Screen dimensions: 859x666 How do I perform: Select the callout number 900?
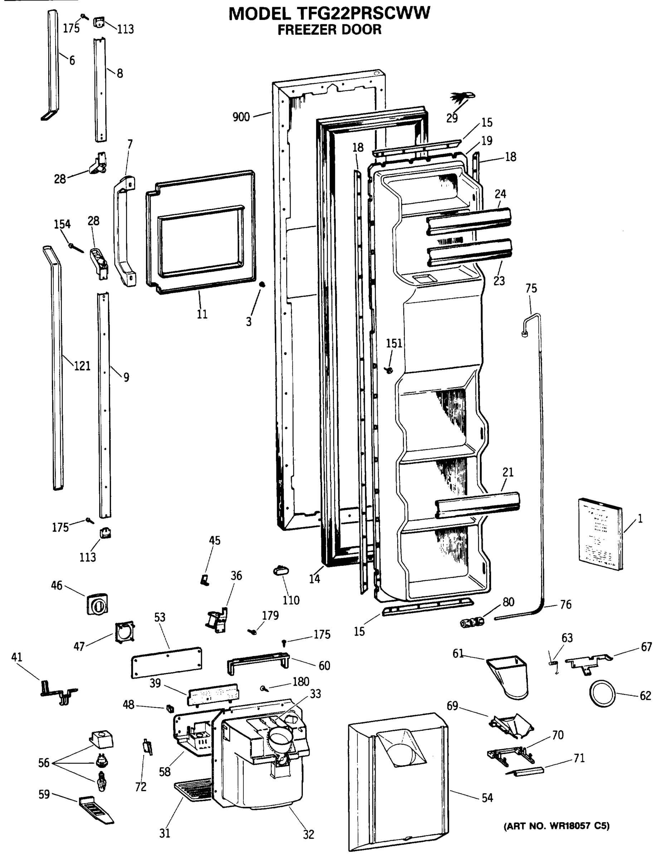point(241,117)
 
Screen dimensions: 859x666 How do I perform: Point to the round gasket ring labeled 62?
point(602,693)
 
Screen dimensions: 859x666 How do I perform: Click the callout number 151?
point(394,343)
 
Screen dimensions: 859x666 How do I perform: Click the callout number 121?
point(82,366)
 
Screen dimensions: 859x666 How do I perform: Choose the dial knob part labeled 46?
point(97,604)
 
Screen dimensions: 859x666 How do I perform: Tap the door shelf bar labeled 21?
point(478,504)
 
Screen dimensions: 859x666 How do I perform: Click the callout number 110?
point(291,600)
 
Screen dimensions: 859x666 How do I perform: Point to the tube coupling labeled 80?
point(472,622)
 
